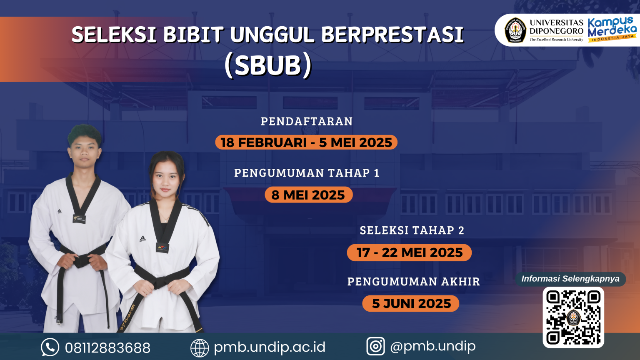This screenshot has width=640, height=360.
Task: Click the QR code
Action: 573,317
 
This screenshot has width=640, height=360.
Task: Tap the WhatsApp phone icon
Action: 50,347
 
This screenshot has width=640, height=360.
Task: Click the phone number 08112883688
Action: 107,347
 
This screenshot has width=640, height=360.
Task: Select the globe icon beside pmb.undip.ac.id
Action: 200,348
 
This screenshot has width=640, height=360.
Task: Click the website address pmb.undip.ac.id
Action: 269,347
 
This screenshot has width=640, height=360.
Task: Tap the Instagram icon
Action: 375,346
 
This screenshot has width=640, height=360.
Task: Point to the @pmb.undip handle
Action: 432,346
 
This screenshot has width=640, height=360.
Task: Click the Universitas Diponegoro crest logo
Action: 515,30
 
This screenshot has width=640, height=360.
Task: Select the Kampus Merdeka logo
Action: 612,29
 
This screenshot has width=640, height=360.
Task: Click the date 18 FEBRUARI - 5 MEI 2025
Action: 306,142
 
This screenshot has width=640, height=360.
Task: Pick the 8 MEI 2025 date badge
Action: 308,195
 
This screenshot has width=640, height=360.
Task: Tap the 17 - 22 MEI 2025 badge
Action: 409,252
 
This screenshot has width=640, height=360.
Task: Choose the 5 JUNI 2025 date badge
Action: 411,303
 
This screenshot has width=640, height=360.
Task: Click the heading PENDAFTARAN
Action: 307,121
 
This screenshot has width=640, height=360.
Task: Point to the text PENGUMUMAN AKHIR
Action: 413,282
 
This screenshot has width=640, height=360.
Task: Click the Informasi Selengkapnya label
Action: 570,279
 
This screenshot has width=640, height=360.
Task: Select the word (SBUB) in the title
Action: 268,65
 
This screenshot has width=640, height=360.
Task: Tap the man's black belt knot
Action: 82,261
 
